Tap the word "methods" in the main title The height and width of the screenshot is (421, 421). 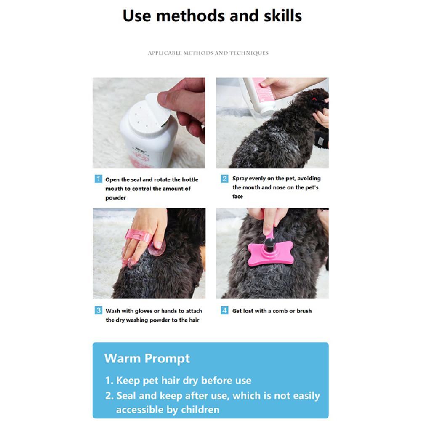click(x=191, y=16)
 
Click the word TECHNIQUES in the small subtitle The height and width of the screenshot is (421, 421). click(x=249, y=53)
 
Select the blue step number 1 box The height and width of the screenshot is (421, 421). click(x=98, y=179)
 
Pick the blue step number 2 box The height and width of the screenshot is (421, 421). click(x=224, y=179)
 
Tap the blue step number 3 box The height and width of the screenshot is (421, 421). click(x=98, y=310)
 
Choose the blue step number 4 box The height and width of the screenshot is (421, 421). click(x=224, y=310)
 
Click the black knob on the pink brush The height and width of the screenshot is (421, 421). click(x=269, y=244)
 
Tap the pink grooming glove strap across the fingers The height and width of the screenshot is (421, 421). click(x=138, y=236)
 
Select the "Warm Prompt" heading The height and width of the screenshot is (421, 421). click(x=147, y=358)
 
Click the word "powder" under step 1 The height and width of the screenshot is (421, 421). click(x=116, y=198)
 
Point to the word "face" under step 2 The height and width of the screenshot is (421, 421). click(x=237, y=197)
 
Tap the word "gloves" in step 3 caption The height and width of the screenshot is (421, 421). click(x=144, y=311)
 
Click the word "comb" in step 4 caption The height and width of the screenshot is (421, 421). click(x=280, y=311)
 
